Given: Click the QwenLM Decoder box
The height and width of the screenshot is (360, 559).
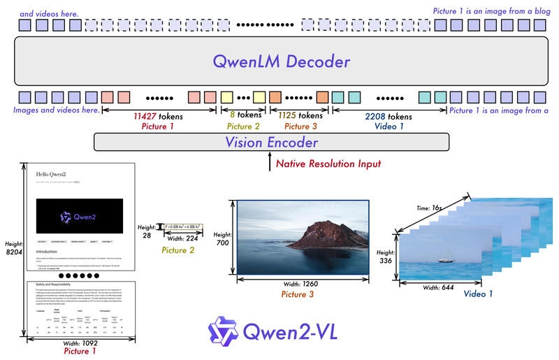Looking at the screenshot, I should click(x=279, y=63).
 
